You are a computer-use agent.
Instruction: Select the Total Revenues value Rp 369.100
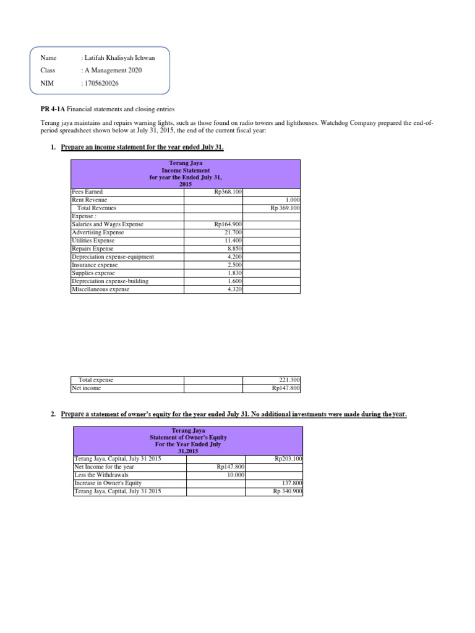[285, 208]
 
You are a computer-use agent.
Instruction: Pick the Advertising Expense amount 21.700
[233, 232]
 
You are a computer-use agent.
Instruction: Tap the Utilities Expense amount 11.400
[233, 240]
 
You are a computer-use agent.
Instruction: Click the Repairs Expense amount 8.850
[234, 249]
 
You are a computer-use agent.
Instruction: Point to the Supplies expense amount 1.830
[234, 273]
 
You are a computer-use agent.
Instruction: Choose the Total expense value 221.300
[289, 380]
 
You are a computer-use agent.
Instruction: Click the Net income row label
[86, 388]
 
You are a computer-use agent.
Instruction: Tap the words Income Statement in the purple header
[186, 170]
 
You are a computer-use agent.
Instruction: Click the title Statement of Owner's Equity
[187, 437]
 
